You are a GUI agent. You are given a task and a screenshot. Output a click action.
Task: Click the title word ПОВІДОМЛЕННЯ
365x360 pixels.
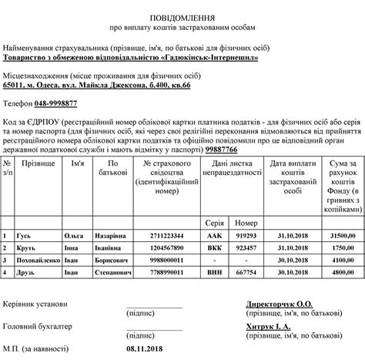pos(182,15)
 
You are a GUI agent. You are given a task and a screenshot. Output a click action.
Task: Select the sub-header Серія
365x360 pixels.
pos(214,199)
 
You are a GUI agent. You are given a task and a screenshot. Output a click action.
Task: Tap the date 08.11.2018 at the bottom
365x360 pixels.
pos(146,349)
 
